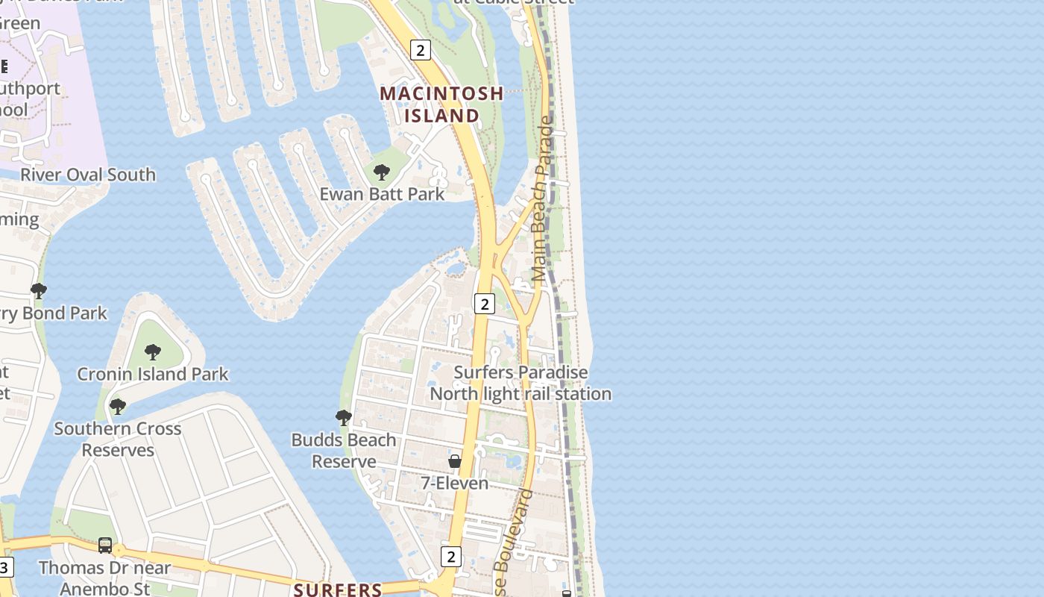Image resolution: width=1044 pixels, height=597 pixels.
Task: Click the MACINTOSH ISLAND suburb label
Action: tap(441, 104)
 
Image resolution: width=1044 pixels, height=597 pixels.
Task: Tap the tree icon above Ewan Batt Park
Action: tap(381, 172)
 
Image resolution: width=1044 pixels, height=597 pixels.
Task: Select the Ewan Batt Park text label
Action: tap(382, 194)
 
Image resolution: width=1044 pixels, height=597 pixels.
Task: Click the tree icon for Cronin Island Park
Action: tap(153, 351)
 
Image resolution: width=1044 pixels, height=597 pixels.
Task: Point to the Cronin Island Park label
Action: tap(153, 374)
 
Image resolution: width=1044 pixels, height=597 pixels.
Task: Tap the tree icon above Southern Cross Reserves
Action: tap(117, 407)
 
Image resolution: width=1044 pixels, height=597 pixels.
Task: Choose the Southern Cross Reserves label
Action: tap(118, 440)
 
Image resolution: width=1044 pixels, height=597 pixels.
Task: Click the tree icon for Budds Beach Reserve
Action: tap(344, 418)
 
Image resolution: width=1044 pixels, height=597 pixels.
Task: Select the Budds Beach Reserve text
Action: tap(344, 451)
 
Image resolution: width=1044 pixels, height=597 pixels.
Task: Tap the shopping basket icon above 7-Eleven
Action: tap(455, 461)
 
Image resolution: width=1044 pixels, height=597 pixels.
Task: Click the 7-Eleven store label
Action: tap(455, 484)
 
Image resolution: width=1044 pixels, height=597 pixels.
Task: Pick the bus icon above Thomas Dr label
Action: tap(105, 546)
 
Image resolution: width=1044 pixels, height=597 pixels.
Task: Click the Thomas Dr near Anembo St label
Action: tap(104, 578)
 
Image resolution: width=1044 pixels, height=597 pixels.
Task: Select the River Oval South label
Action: tap(88, 175)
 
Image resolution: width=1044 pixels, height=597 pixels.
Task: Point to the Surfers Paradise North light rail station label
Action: tap(521, 383)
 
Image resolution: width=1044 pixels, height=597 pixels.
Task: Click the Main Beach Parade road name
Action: tap(544, 198)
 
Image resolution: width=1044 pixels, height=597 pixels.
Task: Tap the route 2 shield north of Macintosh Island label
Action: tap(421, 50)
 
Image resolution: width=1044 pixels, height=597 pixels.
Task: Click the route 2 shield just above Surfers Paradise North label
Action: tap(485, 304)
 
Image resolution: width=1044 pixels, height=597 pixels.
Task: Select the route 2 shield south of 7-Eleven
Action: tap(450, 556)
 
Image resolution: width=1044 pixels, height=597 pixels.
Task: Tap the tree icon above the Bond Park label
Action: tap(38, 290)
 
